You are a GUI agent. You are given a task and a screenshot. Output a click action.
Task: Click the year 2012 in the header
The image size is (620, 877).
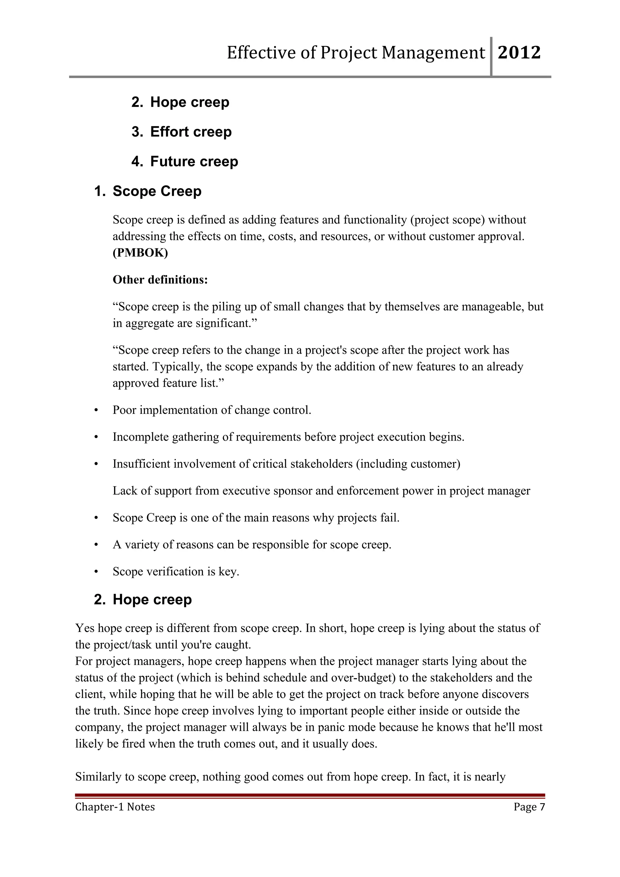coord(519,53)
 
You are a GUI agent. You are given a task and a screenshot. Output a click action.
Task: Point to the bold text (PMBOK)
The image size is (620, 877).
coord(140,253)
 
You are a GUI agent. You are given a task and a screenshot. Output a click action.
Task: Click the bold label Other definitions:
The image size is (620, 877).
coord(160,280)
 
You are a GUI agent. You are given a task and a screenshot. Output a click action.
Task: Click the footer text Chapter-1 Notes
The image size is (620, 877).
coord(115,807)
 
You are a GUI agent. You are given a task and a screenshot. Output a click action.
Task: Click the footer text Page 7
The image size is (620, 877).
coord(529,807)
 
